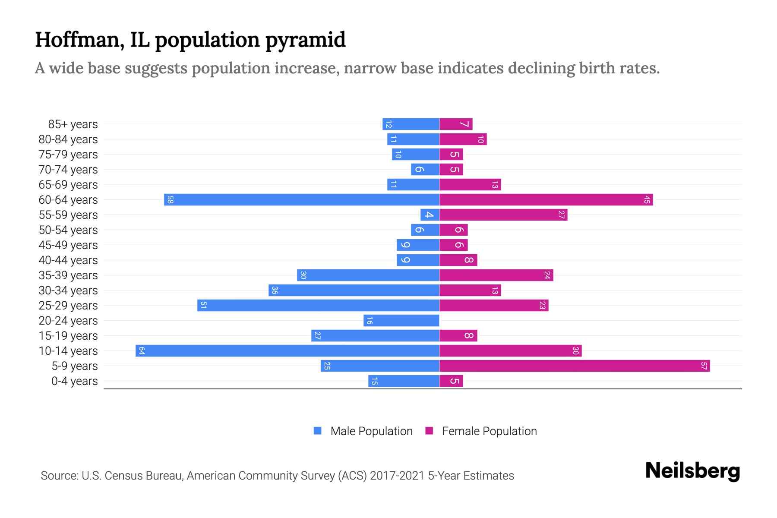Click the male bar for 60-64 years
(302, 199)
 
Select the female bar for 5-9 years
(574, 366)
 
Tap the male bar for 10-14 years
(287, 351)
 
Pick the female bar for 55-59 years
(503, 215)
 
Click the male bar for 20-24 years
(401, 320)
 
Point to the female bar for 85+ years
(456, 124)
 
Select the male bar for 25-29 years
(319, 305)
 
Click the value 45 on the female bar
(647, 199)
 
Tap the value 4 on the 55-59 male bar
(429, 215)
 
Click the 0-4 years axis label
(74, 381)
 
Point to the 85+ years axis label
(73, 124)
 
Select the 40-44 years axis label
(68, 260)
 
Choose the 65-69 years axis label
(68, 185)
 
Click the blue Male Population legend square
(318, 431)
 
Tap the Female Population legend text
(489, 431)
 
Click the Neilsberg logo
(692, 471)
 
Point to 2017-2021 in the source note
(397, 476)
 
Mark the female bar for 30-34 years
(470, 290)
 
